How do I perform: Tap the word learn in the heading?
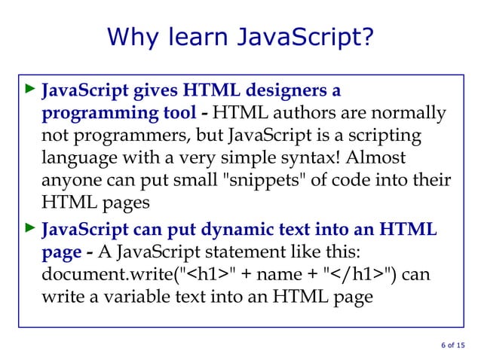203,36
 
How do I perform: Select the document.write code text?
106,273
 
